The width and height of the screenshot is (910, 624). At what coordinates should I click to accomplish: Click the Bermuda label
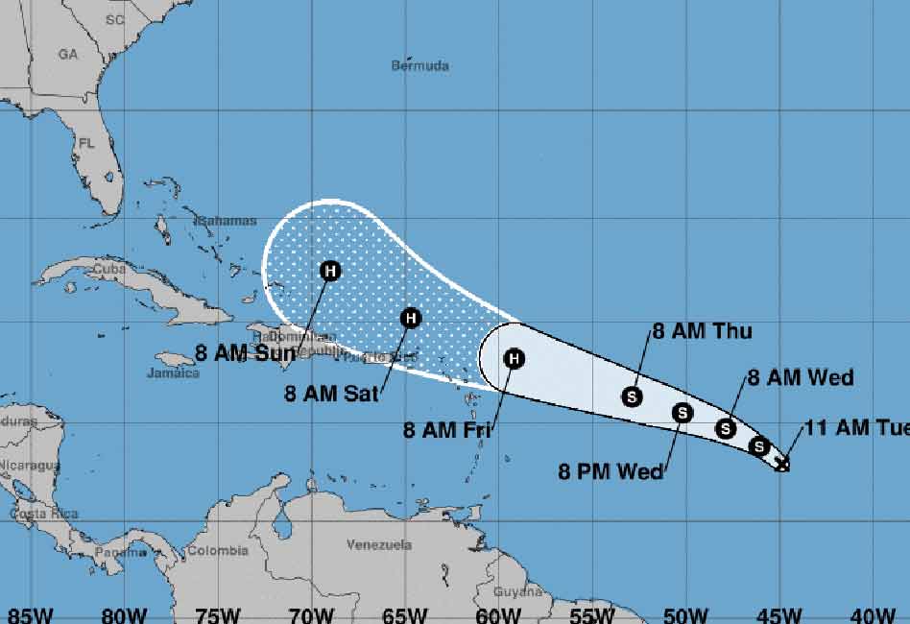pyautogui.click(x=419, y=66)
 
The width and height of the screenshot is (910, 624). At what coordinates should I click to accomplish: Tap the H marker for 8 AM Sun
pyautogui.click(x=330, y=271)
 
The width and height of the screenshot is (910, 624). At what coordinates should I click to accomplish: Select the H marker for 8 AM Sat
pyautogui.click(x=410, y=318)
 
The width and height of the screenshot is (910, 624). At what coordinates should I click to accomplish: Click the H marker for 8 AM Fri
pyautogui.click(x=515, y=359)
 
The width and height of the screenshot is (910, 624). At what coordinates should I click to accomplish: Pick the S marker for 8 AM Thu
pyautogui.click(x=632, y=395)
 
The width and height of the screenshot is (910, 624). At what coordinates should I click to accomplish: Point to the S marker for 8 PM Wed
pyautogui.click(x=682, y=413)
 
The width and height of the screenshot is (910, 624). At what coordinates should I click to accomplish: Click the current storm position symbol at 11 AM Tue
pyautogui.click(x=782, y=465)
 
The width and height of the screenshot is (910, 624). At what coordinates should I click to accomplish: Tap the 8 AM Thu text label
pyautogui.click(x=702, y=332)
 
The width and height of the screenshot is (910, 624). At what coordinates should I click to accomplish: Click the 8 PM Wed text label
pyautogui.click(x=611, y=471)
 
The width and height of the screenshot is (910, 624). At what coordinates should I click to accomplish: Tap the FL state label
pyautogui.click(x=87, y=144)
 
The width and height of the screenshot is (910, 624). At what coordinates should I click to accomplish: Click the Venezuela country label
pyautogui.click(x=379, y=545)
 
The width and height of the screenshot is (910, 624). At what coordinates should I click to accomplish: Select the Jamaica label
pyautogui.click(x=174, y=372)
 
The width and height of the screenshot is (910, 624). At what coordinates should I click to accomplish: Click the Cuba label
pyautogui.click(x=109, y=270)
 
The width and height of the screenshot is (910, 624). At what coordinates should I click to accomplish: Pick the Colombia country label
pyautogui.click(x=217, y=551)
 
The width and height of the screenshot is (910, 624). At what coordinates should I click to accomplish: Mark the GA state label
pyautogui.click(x=67, y=55)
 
